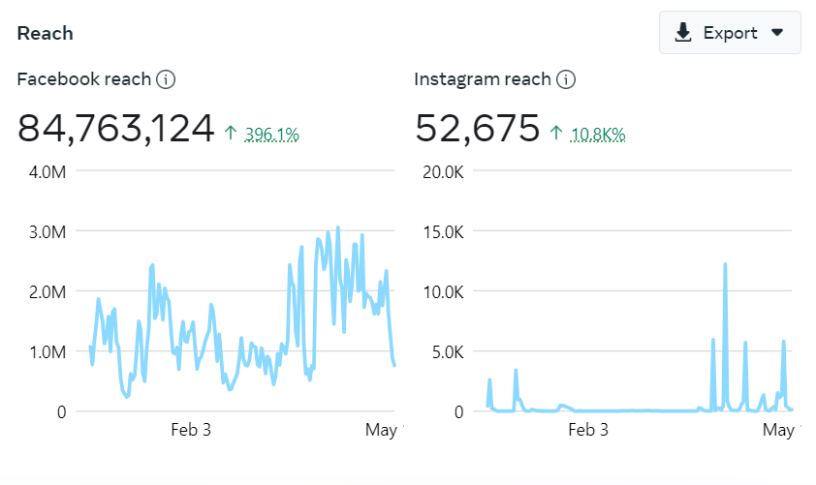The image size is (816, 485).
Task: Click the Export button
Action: point(729,33)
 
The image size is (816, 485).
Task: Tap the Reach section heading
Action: point(45,34)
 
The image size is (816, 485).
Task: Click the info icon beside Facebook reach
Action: point(166,79)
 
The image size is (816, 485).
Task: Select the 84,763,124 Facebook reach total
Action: point(115,129)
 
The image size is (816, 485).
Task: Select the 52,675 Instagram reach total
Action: point(477,129)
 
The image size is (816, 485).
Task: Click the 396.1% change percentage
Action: point(271,135)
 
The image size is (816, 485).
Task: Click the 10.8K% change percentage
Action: point(598,135)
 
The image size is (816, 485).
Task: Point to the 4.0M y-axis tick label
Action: point(47,172)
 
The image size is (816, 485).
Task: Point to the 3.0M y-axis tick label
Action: point(47,232)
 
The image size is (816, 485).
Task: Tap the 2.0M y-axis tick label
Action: point(47,292)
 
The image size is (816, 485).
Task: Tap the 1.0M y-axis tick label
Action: point(47,352)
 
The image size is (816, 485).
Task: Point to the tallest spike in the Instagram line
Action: point(725,264)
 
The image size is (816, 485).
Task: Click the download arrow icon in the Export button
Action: point(683,33)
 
